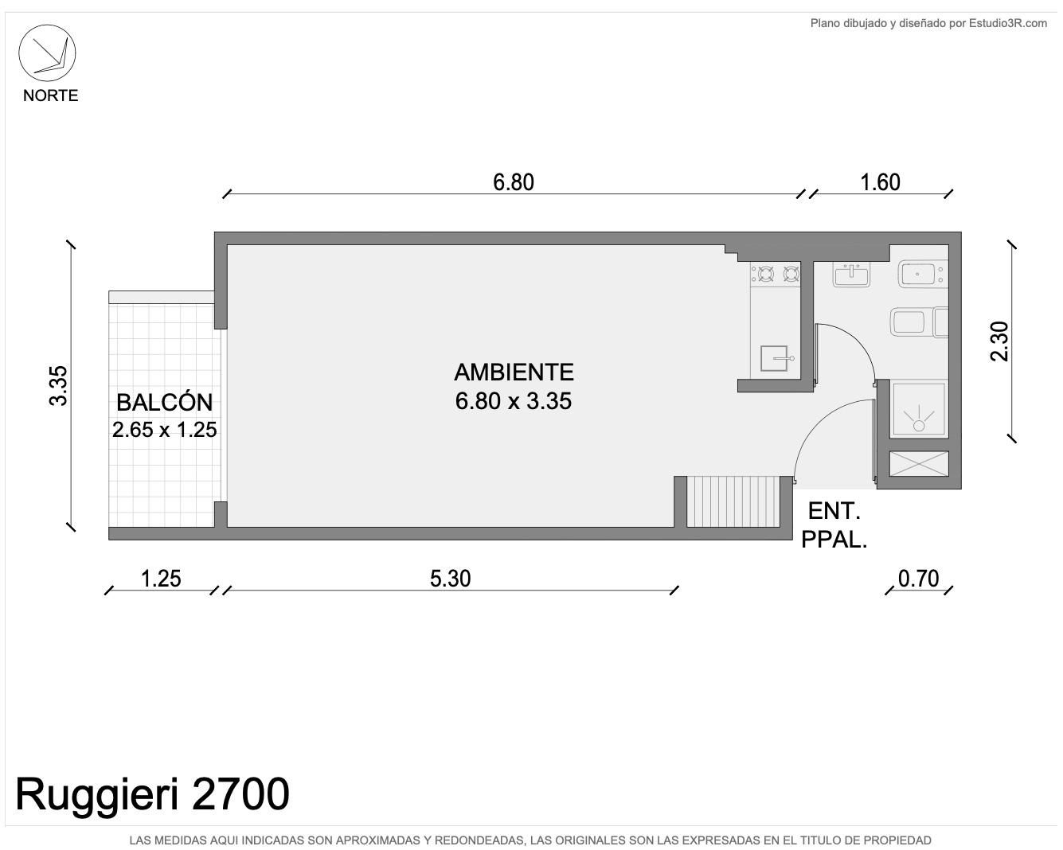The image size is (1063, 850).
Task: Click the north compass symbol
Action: click(47, 53)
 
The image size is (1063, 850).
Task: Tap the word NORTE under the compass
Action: click(51, 96)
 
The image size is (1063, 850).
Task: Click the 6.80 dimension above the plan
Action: click(514, 182)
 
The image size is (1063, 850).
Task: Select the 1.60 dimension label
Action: click(880, 182)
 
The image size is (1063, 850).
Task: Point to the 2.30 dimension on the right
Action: click(999, 341)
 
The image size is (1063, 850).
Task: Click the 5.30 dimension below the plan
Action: click(450, 579)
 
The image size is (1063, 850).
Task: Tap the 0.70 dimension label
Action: click(918, 579)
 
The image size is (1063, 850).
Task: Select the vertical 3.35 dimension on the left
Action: click(58, 386)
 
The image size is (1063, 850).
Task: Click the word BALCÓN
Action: click(165, 402)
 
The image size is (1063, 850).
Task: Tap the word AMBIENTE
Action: click(514, 372)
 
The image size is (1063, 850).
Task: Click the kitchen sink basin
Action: click(773, 358)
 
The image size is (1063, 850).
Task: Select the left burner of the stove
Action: click(766, 273)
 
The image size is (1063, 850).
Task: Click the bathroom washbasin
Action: click(851, 275)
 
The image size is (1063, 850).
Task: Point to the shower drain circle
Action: click(919, 425)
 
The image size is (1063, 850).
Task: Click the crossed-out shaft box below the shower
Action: click(919, 464)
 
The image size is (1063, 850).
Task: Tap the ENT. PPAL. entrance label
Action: click(834, 525)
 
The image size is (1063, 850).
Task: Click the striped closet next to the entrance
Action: click(733, 501)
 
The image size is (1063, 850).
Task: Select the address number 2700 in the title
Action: click(240, 794)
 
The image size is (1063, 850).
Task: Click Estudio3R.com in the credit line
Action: click(1008, 23)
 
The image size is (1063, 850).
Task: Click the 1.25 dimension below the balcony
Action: click(161, 579)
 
